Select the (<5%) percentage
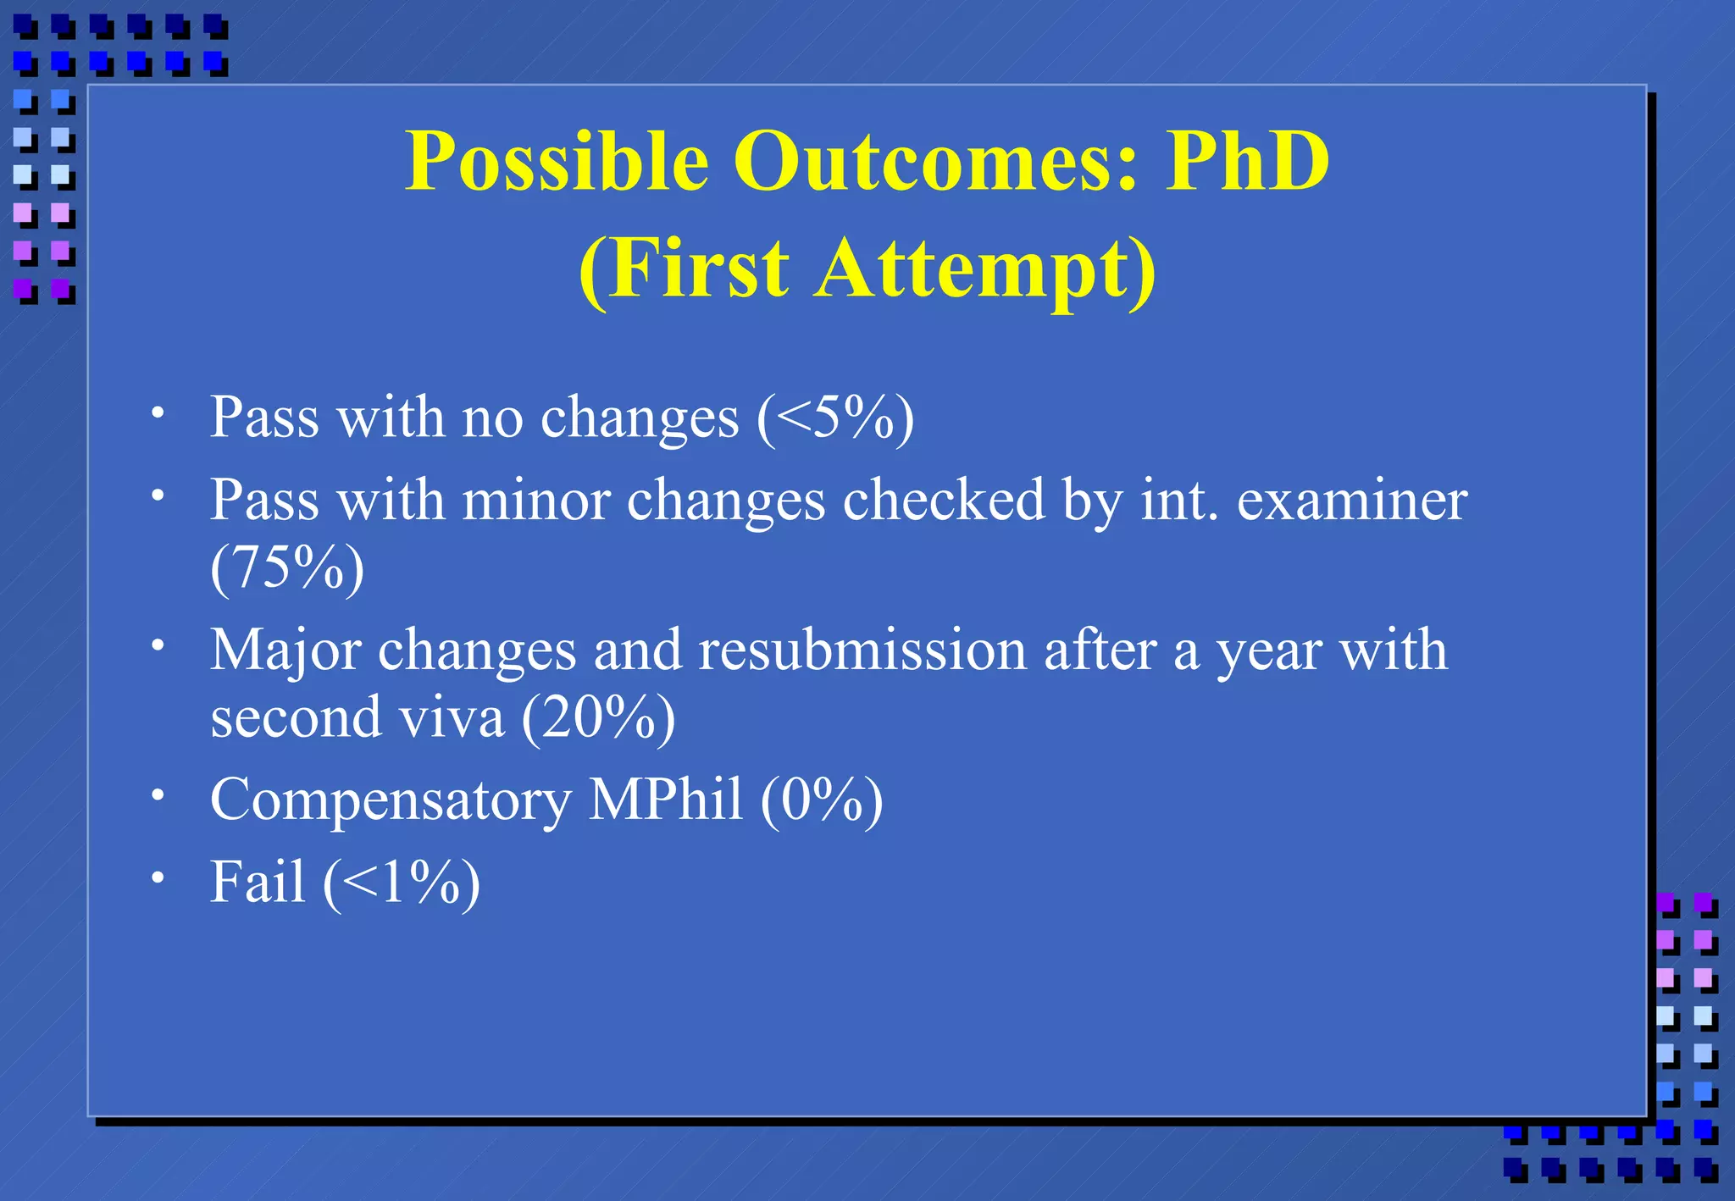pos(835,418)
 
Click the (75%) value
pos(287,567)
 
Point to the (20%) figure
pos(599,717)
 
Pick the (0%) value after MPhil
pos(821,799)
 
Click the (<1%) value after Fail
pos(402,882)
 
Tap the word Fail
pos(257,882)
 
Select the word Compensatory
pos(391,800)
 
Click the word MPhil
pos(665,799)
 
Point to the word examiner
pos(1352,500)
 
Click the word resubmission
pos(862,650)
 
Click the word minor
pos(535,500)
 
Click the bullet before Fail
pos(158,877)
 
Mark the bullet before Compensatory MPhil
pos(158,794)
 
